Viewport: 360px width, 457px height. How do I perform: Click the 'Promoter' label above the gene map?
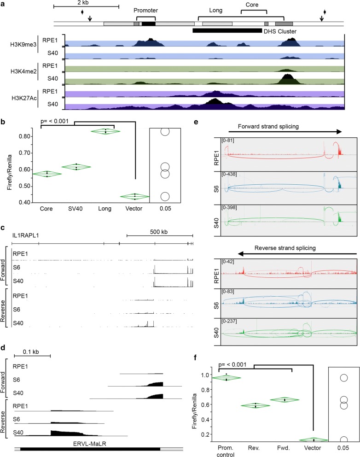(x=145, y=10)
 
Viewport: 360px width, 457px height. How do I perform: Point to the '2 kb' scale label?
(x=86, y=3)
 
